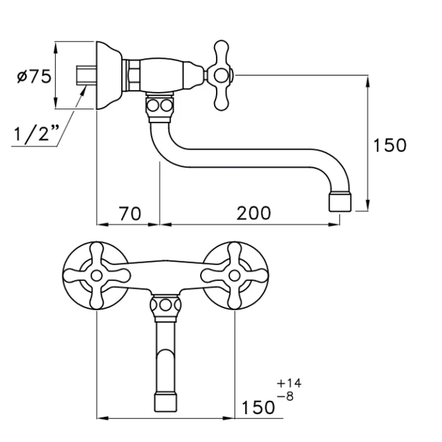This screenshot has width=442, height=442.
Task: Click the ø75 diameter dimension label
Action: pyautogui.click(x=34, y=76)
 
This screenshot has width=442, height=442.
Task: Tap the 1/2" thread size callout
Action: pyautogui.click(x=37, y=133)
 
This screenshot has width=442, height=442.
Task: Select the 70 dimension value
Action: pyautogui.click(x=129, y=213)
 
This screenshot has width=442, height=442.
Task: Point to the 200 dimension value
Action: pyautogui.click(x=253, y=213)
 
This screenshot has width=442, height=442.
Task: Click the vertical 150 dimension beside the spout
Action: pyautogui.click(x=390, y=145)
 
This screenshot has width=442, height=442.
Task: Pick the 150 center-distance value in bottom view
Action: pyautogui.click(x=258, y=407)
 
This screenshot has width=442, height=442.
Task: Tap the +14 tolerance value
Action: pyautogui.click(x=289, y=383)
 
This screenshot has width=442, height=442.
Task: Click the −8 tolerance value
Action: pyautogui.click(x=285, y=397)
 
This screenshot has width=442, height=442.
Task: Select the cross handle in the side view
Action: pyautogui.click(x=220, y=76)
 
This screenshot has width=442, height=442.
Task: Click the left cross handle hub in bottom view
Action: pyautogui.click(x=97, y=275)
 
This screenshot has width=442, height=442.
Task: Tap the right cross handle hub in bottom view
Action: pyautogui.click(x=234, y=275)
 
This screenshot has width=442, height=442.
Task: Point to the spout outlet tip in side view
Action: pyautogui.click(x=340, y=201)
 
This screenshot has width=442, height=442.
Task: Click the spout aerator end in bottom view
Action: pyautogui.click(x=166, y=402)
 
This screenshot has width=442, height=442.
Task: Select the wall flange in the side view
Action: pyautogui.click(x=109, y=76)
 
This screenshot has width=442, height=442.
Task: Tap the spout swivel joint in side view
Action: pyautogui.click(x=159, y=109)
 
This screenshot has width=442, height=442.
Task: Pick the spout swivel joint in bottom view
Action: pyautogui.click(x=165, y=308)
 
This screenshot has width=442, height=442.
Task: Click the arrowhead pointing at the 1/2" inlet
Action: pyautogui.click(x=83, y=91)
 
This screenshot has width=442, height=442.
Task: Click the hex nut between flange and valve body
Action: pyautogui.click(x=133, y=76)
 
